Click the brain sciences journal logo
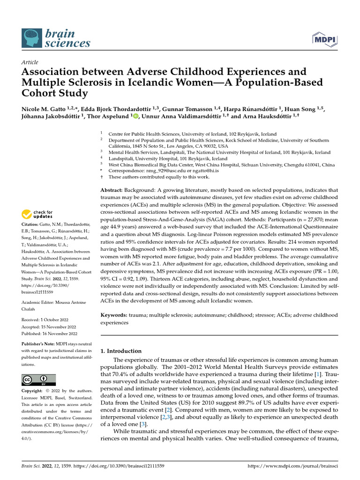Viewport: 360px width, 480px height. (x=55, y=38)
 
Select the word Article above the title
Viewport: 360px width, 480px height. (x=30, y=62)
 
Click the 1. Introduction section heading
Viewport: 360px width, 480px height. (x=121, y=351)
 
